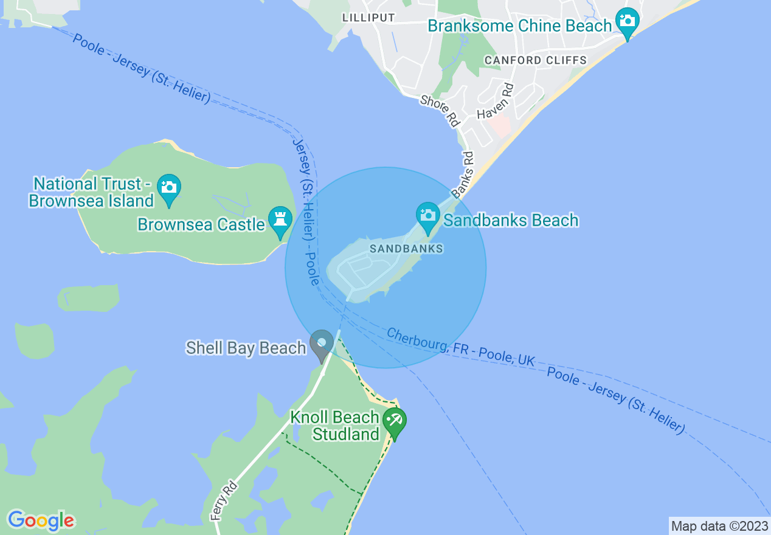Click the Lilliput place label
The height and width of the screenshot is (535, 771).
tap(368, 18)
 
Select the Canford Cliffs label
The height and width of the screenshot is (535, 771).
tap(535, 60)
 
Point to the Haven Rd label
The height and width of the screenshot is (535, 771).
tap(495, 102)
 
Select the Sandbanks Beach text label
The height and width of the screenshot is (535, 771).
tap(511, 220)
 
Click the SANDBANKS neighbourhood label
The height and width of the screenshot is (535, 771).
tap(406, 249)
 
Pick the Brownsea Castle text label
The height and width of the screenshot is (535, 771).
tap(201, 224)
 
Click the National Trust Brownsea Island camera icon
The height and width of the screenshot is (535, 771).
tap(168, 187)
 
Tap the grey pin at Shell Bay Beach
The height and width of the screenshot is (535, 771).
tap(322, 344)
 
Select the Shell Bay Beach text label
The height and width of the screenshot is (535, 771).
tap(246, 348)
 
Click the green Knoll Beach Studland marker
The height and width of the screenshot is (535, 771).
tap(395, 423)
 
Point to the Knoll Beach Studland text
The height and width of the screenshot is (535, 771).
tap(335, 426)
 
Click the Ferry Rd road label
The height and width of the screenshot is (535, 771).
tap(223, 500)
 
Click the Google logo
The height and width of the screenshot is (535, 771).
tap(41, 520)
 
